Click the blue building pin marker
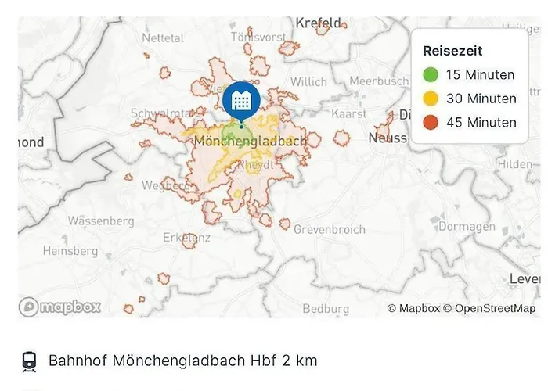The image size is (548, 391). tap(242, 101)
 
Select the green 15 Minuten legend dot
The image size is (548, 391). tap(431, 75)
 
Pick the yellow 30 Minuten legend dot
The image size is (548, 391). tap(431, 99)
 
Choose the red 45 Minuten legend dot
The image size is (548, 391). tap(431, 122)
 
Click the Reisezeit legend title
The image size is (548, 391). tap(452, 51)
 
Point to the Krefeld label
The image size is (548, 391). tap(319, 23)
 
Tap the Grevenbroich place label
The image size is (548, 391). tap(329, 230)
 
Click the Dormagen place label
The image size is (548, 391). tap(467, 227)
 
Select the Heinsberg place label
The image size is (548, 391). tap(70, 251)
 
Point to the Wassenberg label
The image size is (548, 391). tap(101, 221)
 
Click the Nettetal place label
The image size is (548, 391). tap(163, 38)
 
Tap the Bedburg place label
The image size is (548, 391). tap(326, 309)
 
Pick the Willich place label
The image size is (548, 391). tap(309, 81)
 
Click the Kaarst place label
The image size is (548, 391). tap(349, 113)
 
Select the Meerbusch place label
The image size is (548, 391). tap(379, 81)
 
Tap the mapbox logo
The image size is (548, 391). tap(61, 307)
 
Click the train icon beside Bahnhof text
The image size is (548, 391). tap(29, 361)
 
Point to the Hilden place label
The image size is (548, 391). tap(514, 164)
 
